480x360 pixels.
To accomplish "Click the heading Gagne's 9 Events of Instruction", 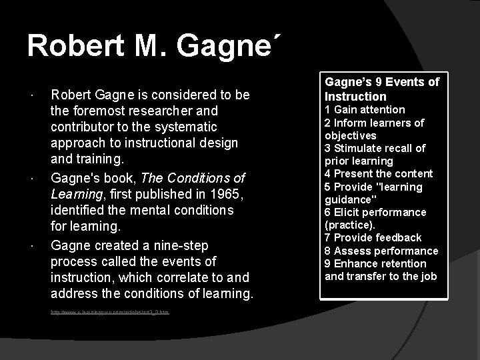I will pyautogui.click(x=381, y=89).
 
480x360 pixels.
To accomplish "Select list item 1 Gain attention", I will pyautogui.click(x=365, y=109).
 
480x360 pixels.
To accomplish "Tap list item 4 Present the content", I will pyautogui.click(x=378, y=173).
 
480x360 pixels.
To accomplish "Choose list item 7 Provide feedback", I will pyautogui.click(x=373, y=237).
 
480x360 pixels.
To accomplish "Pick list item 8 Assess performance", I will pyautogui.click(x=381, y=251).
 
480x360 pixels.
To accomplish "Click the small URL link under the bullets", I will pyautogui.click(x=110, y=311).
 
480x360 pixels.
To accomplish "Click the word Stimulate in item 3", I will pyautogui.click(x=357, y=148).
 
